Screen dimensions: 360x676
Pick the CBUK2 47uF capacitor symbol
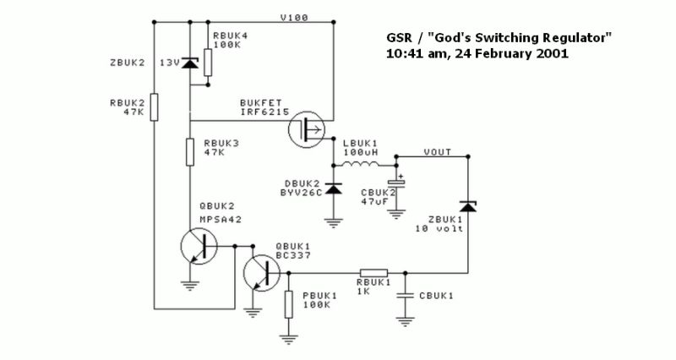coord(395,183)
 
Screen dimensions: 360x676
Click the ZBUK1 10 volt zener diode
coord(467,206)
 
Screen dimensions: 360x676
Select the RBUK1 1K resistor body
coord(374,273)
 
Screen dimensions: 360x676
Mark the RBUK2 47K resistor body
coord(154,108)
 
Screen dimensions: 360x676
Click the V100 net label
coord(294,16)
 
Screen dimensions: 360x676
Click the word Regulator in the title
coord(570,38)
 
